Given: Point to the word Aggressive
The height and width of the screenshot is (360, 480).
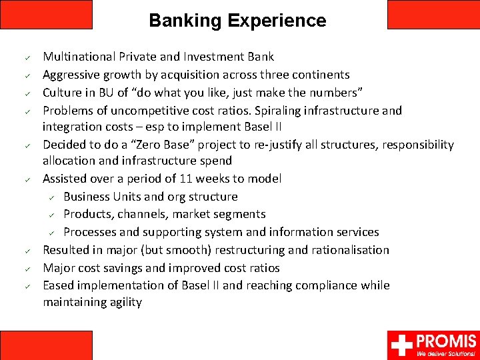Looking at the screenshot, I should coord(71,75).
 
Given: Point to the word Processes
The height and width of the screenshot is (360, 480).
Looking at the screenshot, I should coord(90,232).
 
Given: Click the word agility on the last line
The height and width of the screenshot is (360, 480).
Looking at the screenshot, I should coord(125,302).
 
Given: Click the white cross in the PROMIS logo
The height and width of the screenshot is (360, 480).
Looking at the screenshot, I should coord(401,345).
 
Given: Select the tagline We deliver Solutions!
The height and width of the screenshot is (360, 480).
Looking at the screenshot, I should coord(446,353).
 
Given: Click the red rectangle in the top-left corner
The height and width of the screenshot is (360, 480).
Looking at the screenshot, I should coord(46,14).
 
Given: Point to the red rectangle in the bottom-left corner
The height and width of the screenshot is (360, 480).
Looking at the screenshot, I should coord(46,345).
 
